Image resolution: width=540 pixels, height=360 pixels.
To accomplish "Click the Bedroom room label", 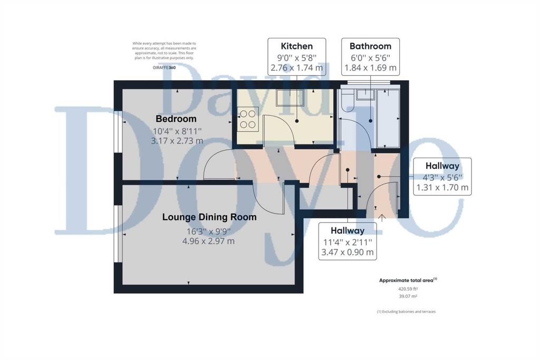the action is pos(176,119).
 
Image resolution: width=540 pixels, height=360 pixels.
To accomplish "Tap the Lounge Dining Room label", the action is pos(209,217).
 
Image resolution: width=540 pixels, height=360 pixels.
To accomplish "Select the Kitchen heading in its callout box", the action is pos(297,46).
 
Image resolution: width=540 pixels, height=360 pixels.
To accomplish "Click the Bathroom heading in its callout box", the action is pos(370,46).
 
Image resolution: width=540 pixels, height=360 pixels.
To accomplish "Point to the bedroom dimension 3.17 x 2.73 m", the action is pos(177,141).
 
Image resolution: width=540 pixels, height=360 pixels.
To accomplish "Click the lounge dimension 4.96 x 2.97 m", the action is pos(208,241).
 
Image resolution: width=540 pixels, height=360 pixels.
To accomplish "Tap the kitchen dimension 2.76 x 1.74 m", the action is pos(297,68).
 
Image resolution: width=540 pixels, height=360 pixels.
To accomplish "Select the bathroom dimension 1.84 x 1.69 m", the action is pos(371,68).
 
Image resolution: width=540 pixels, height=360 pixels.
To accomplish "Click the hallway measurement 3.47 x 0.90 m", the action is pos(348,252).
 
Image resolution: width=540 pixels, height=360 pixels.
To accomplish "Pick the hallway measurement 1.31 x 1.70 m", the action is pos(442,188).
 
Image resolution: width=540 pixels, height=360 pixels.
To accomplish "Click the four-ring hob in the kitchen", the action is pos(248,119).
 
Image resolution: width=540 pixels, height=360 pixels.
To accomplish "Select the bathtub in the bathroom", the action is pos(388,119).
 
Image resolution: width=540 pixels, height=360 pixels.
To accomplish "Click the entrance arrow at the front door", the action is pos(382,218).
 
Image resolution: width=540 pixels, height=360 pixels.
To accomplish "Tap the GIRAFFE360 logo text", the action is pos(164,68).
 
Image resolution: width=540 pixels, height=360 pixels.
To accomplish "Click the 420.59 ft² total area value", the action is pos(408,289).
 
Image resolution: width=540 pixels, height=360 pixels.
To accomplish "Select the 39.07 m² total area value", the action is pos(408,296).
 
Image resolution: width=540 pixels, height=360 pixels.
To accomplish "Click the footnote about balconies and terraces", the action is pos(407,312).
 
